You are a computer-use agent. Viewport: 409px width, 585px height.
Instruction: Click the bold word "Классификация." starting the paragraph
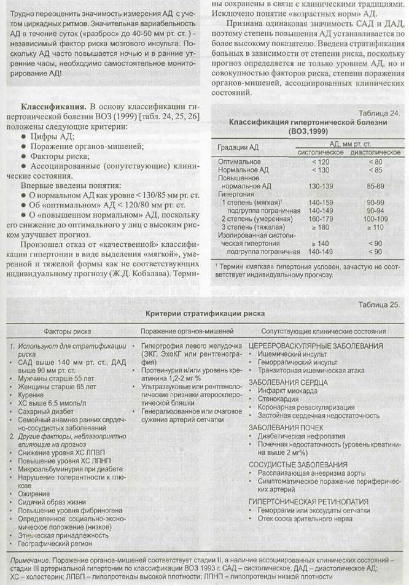[51, 106]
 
